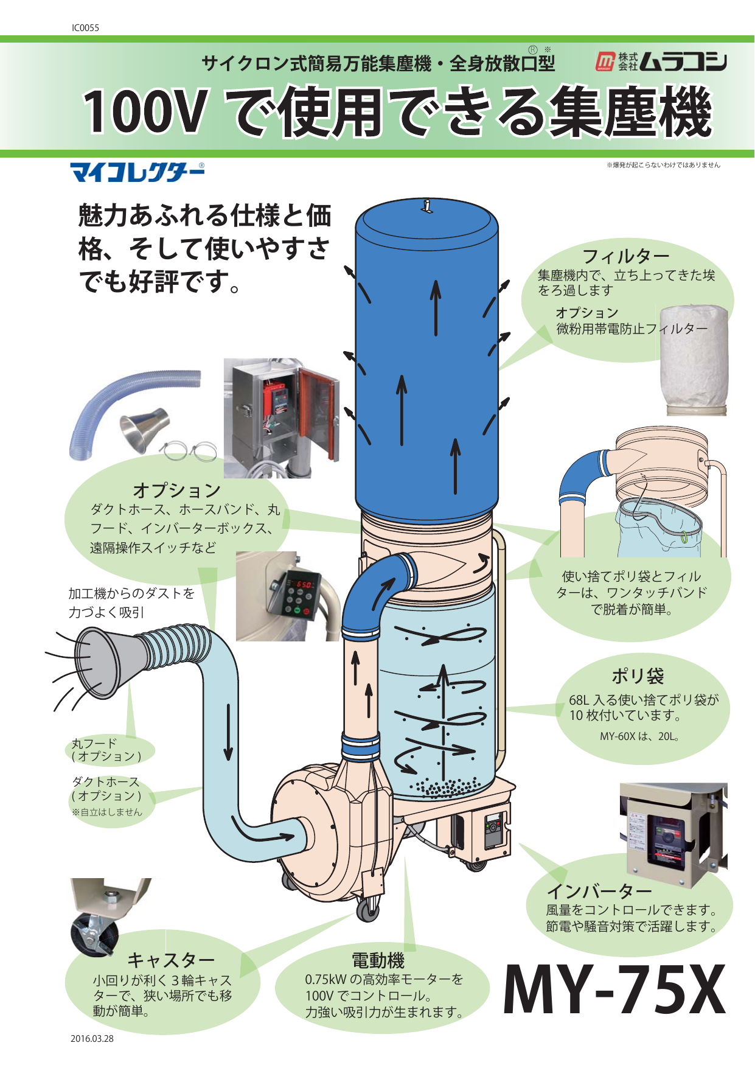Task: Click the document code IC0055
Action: coord(85,28)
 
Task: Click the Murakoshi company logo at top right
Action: coord(661,61)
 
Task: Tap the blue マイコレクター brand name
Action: coord(137,173)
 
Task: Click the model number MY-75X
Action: coord(614,990)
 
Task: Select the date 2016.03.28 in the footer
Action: coord(92,1039)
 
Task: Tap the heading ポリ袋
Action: coord(637,675)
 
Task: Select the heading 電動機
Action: coord(378,960)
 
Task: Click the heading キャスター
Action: coord(171,960)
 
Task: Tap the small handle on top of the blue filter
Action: coord(428,206)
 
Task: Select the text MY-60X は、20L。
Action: coord(639,736)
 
